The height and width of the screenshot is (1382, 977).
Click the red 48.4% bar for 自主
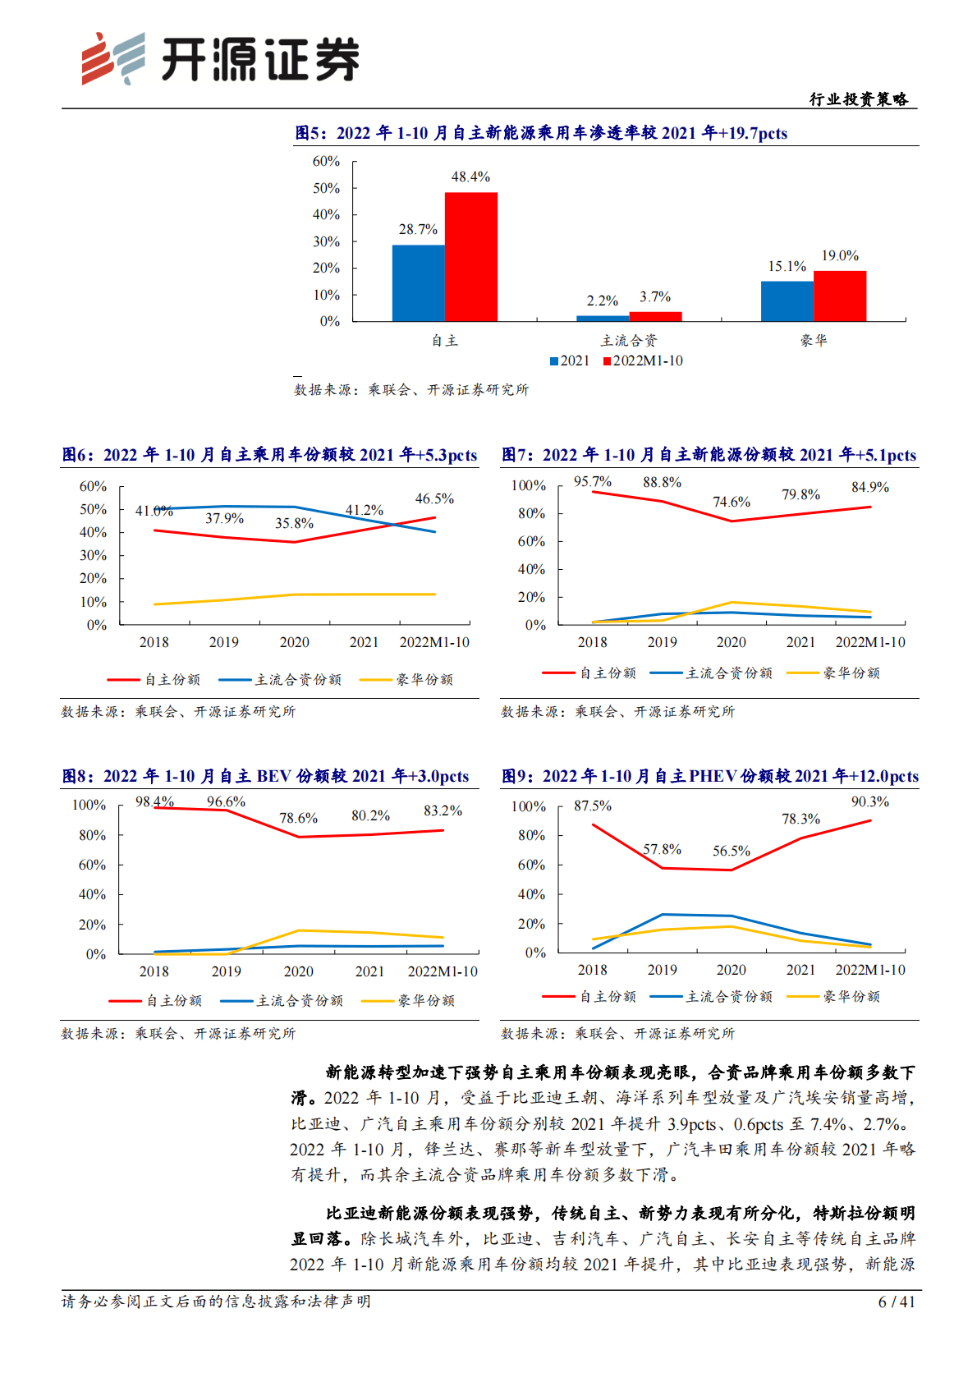click(x=470, y=256)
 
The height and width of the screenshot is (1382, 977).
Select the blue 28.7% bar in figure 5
click(x=418, y=282)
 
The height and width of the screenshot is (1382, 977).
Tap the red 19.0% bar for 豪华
click(x=840, y=296)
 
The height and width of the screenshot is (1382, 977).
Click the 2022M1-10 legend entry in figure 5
click(x=643, y=360)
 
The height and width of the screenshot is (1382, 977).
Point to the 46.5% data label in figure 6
click(x=434, y=498)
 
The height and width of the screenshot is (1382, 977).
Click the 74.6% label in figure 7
click(x=732, y=502)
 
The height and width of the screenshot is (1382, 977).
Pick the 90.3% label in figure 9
click(x=869, y=801)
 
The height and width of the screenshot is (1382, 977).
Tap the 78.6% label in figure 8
click(x=298, y=818)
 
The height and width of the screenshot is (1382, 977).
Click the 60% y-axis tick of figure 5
click(x=326, y=162)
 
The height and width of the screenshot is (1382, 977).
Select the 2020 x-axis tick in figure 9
click(x=731, y=970)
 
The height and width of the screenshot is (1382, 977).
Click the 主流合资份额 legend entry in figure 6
click(x=280, y=680)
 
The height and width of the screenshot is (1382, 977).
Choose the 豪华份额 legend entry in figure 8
click(x=408, y=1001)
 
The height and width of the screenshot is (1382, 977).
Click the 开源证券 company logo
click(x=220, y=59)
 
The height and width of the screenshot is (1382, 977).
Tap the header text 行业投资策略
click(x=858, y=99)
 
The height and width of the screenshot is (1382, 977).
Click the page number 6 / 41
click(x=896, y=1302)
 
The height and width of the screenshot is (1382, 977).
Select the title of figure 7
click(x=709, y=455)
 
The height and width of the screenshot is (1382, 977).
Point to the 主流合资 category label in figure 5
click(x=629, y=341)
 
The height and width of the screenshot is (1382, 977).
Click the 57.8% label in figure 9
click(x=662, y=849)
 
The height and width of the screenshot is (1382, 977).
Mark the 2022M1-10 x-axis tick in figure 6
click(x=434, y=642)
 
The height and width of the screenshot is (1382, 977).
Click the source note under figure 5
click(x=411, y=390)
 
